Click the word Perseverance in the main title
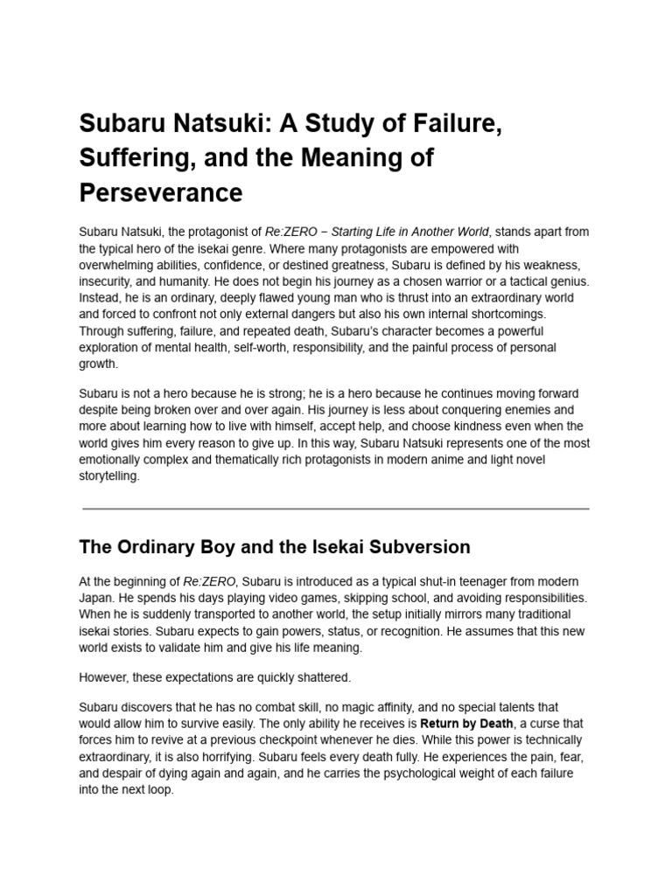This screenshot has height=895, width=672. [160, 191]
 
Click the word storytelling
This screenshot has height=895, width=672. [109, 476]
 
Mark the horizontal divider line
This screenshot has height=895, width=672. [336, 508]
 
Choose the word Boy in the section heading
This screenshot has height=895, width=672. [211, 547]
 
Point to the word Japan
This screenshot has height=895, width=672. [97, 598]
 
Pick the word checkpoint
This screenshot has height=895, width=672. [279, 740]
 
